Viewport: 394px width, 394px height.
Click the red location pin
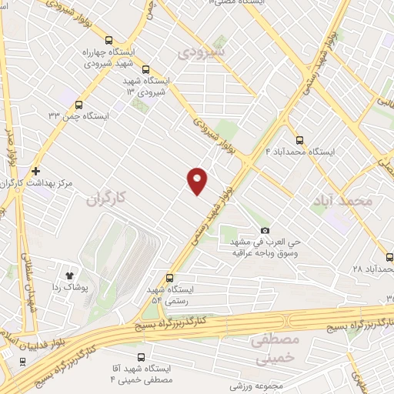(198, 179)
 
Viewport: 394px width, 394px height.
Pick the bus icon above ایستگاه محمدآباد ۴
(299, 140)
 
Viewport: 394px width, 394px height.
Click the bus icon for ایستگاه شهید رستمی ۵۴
(169, 278)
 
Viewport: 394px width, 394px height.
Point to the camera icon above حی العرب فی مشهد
(265, 230)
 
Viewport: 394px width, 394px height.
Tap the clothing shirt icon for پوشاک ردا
(68, 272)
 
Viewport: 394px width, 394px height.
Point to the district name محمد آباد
(342, 199)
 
